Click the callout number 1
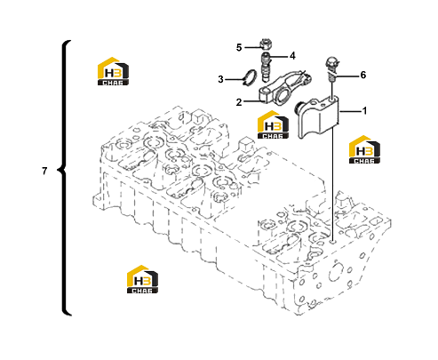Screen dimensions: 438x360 (x=364, y=111)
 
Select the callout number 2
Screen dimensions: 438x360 (x=239, y=102)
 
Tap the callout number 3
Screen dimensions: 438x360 (x=220, y=79)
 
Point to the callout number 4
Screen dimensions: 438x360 (x=292, y=56)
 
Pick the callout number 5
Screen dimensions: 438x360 (x=239, y=47)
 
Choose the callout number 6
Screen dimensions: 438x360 (x=363, y=75)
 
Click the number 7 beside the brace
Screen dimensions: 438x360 (x=44, y=171)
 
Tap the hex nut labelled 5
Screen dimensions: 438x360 (x=265, y=44)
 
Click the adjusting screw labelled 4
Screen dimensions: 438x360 (x=267, y=67)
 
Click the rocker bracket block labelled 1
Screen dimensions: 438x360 (x=318, y=118)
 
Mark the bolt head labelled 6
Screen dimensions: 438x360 (x=331, y=64)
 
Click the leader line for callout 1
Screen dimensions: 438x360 (x=351, y=111)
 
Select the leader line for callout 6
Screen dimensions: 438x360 (x=347, y=76)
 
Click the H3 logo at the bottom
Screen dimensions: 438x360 (x=142, y=279)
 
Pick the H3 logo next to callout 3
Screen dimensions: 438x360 (x=113, y=71)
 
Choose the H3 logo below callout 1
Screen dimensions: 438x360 (x=364, y=149)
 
